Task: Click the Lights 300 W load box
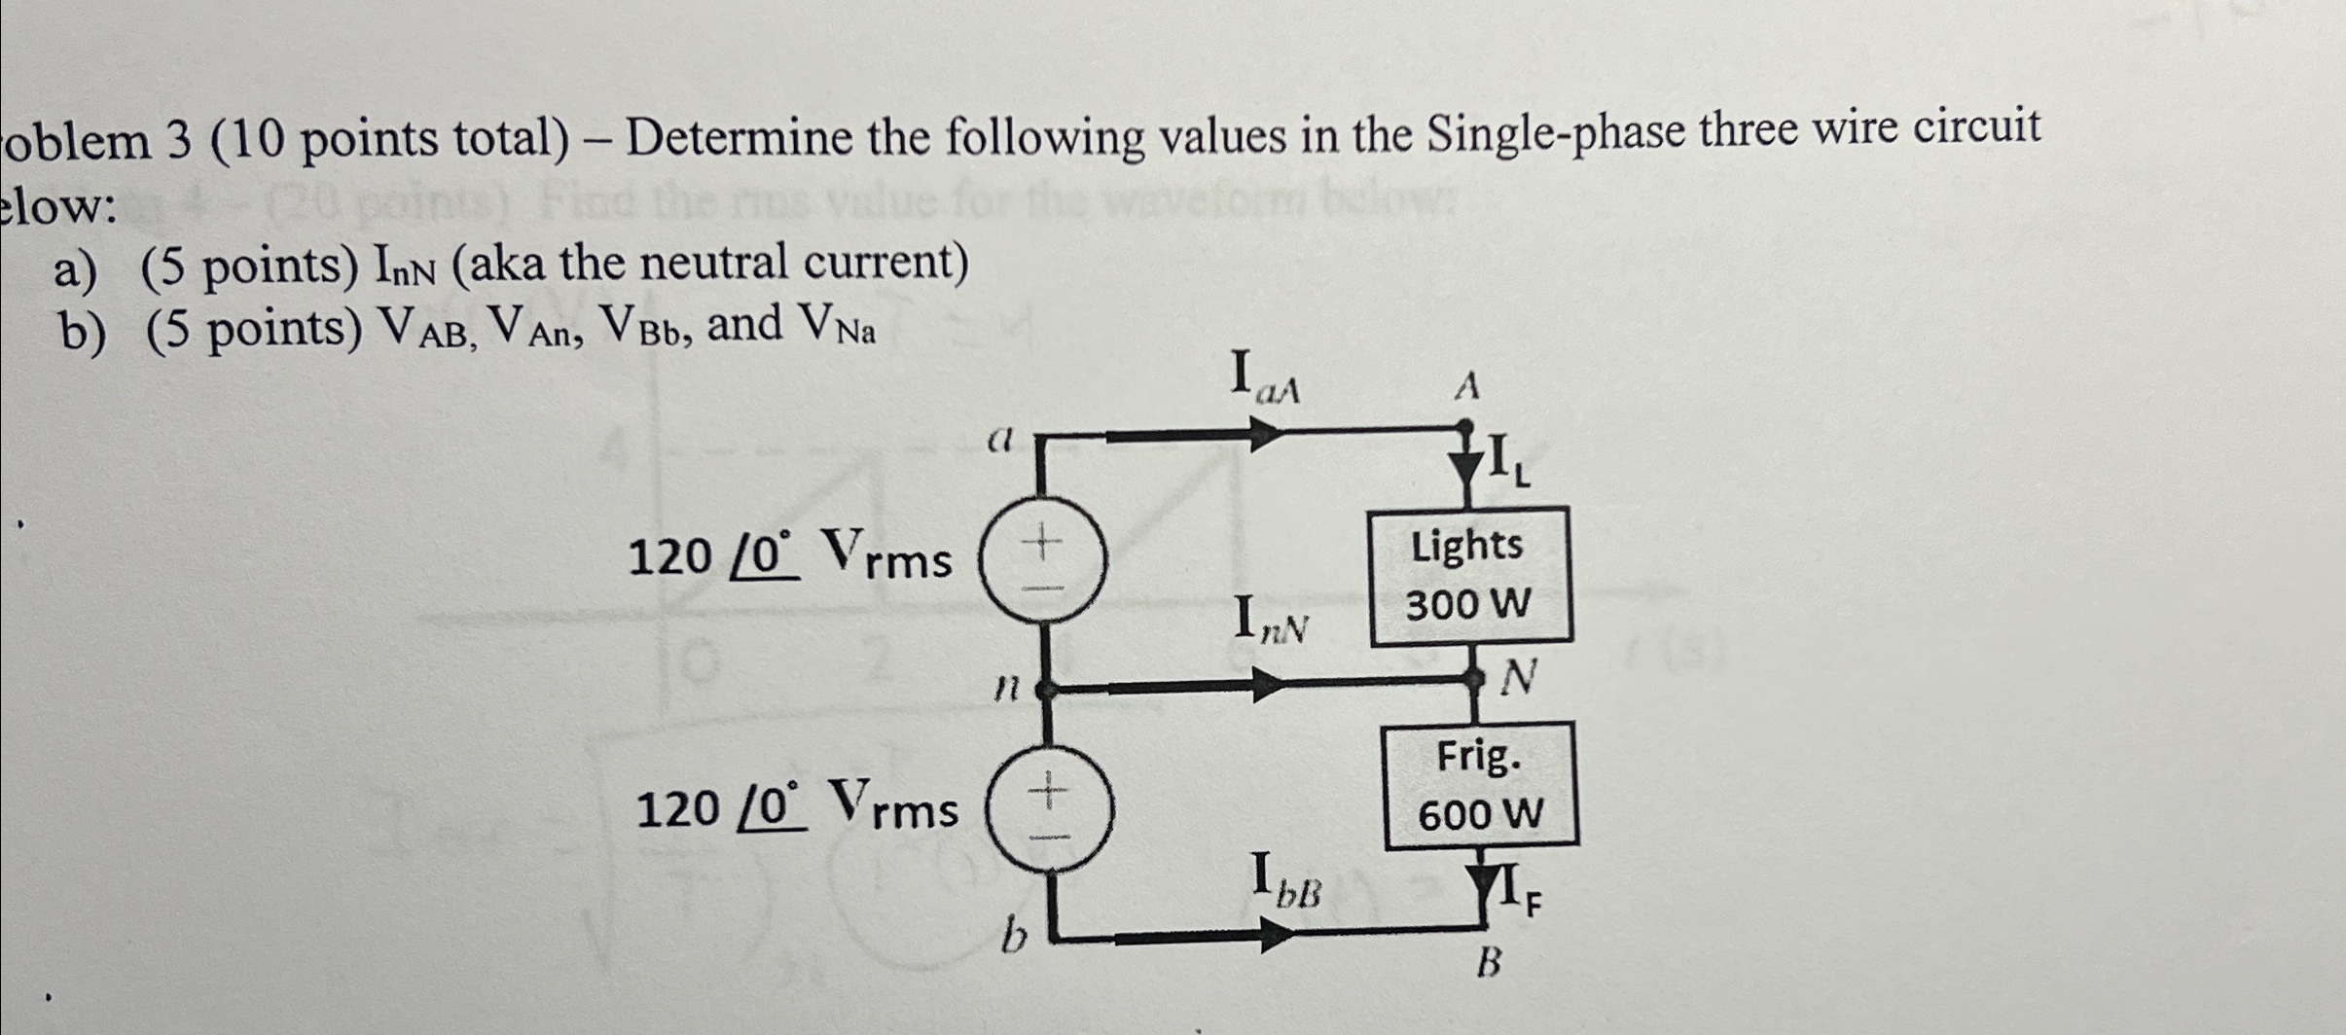point(1470,576)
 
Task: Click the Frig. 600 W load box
point(1481,785)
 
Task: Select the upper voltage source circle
point(1042,564)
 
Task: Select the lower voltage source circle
point(1047,815)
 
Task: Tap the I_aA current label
point(1264,377)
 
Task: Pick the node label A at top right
point(1466,387)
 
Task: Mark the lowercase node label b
point(1014,940)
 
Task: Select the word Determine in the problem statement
point(740,139)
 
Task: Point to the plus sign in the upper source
point(1042,541)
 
